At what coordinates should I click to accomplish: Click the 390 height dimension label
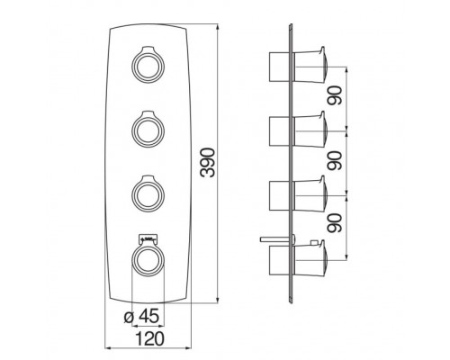209,162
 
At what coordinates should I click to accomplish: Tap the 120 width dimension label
150,338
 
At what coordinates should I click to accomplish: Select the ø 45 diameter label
141,316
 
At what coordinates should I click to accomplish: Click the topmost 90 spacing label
335,95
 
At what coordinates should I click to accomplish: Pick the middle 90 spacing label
335,161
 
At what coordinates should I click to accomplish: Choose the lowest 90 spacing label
335,223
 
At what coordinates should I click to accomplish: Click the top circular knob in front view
148,66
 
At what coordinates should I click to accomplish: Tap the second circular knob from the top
148,130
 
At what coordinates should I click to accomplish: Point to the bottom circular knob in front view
148,260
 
